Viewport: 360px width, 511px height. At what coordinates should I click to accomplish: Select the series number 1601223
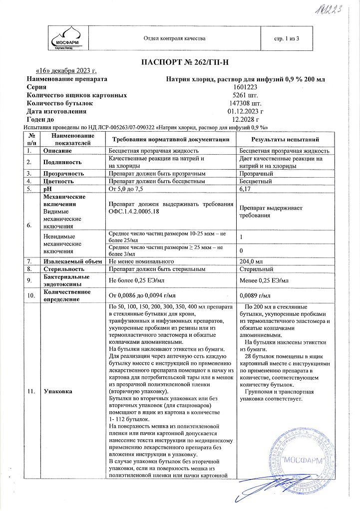point(244,87)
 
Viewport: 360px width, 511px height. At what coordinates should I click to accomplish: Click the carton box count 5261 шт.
point(244,95)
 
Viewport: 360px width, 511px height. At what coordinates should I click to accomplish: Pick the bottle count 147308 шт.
point(244,103)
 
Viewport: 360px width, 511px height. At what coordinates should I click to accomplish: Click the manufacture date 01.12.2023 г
point(244,111)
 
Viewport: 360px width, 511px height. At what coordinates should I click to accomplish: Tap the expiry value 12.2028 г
point(244,119)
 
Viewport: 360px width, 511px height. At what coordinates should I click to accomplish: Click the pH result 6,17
point(245,189)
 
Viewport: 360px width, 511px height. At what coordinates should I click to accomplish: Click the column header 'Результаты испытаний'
point(285,139)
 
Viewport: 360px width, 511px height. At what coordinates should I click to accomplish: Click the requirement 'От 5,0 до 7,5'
point(125,189)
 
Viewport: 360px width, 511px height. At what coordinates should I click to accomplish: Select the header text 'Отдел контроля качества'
point(174,38)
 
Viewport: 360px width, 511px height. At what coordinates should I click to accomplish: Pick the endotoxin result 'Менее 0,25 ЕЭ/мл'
point(264,280)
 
